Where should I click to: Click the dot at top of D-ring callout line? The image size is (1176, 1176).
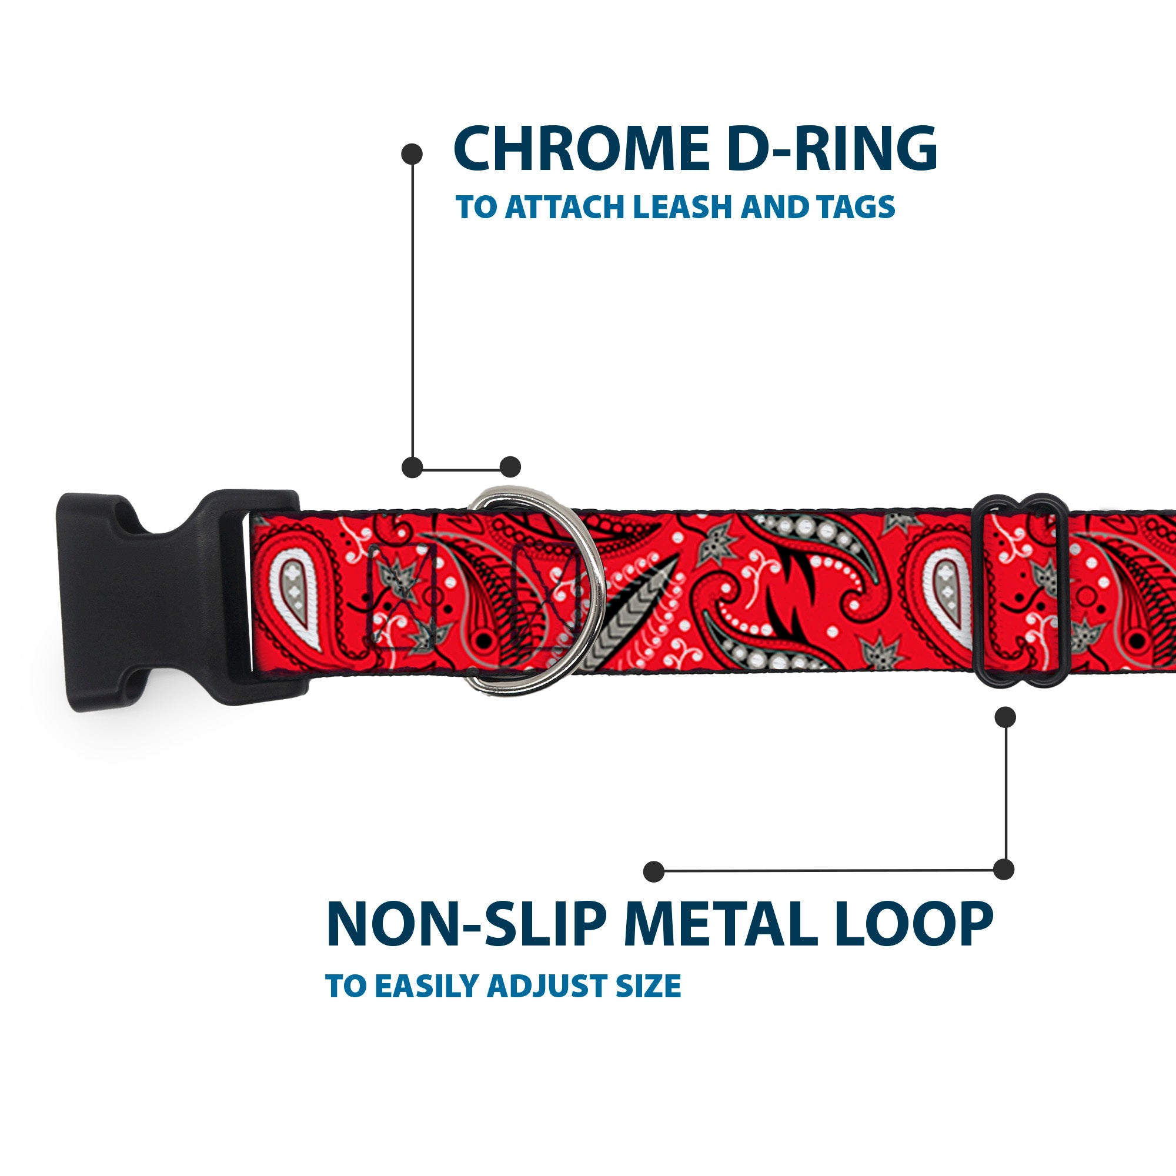pyautogui.click(x=412, y=153)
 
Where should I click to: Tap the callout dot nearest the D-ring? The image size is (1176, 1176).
pyautogui.click(x=510, y=467)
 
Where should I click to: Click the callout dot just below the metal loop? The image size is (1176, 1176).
pyautogui.click(x=1005, y=717)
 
